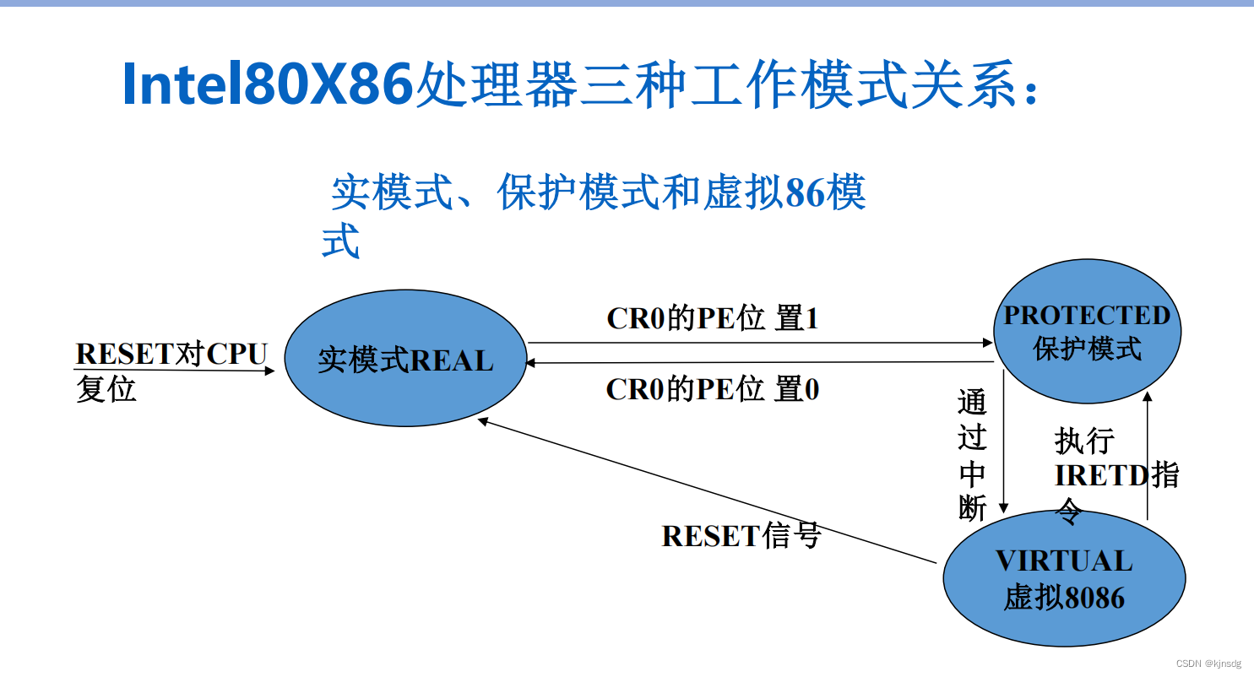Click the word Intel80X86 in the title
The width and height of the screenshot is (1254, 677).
pyautogui.click(x=268, y=84)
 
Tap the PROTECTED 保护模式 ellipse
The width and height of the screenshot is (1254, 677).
pyautogui.click(x=1087, y=331)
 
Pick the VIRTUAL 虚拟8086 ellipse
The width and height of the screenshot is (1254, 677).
pyautogui.click(x=1064, y=579)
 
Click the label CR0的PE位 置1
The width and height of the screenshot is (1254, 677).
pyautogui.click(x=713, y=318)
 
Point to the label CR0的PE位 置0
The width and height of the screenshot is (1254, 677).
pyautogui.click(x=713, y=389)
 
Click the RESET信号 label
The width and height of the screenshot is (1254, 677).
pyautogui.click(x=741, y=535)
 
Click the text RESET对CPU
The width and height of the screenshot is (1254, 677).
pyautogui.click(x=171, y=354)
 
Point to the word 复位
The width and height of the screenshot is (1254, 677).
pyautogui.click(x=106, y=389)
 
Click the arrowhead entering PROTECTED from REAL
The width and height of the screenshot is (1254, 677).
pyautogui.click(x=987, y=343)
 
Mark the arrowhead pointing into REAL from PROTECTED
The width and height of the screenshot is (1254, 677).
pyautogui.click(x=532, y=362)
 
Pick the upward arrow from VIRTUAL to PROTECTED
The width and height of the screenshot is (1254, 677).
pyautogui.click(x=1147, y=456)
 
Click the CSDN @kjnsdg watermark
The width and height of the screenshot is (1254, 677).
pyautogui.click(x=1208, y=663)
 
